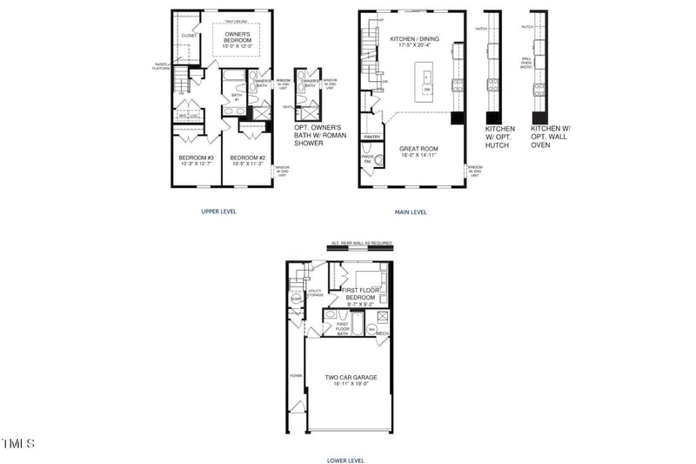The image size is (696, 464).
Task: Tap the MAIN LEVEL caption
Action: [412, 211]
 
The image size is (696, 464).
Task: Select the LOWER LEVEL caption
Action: [345, 460]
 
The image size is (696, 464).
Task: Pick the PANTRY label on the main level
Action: [371, 137]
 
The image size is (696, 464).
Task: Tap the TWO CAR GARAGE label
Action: [351, 380]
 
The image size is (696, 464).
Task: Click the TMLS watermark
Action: [18, 444]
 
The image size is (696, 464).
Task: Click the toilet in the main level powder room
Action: [367, 161]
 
